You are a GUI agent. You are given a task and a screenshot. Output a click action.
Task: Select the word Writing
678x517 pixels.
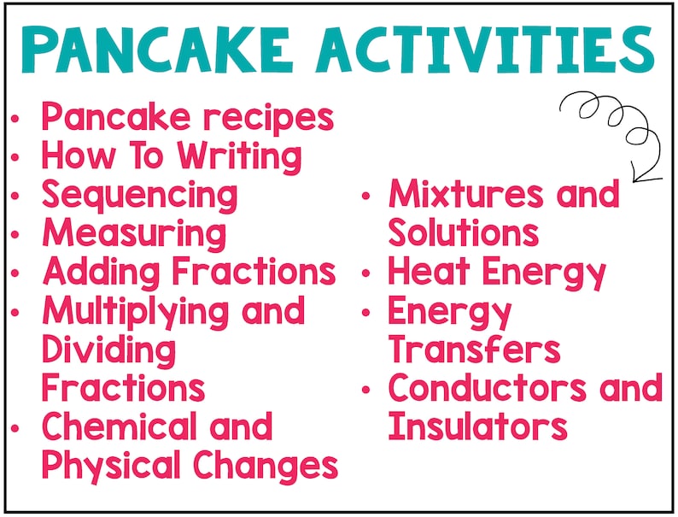point(240,157)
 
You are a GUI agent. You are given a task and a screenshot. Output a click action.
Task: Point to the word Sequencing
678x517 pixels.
point(140,196)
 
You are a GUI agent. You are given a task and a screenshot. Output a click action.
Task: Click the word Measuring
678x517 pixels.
point(134,233)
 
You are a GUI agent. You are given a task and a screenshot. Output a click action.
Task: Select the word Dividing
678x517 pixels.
point(108,350)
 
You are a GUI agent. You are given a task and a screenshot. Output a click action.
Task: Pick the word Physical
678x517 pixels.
point(112,466)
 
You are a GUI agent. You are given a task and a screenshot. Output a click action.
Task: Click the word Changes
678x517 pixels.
point(265,466)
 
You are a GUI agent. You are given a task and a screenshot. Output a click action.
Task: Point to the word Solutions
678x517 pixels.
point(463,233)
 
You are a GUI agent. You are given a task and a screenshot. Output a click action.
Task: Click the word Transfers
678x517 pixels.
point(474,350)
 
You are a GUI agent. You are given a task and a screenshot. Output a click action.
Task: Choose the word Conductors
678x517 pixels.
point(488,388)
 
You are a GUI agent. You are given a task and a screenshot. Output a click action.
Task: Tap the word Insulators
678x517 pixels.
point(477,426)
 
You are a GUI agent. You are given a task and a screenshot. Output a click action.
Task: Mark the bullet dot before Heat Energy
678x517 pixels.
point(366,273)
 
